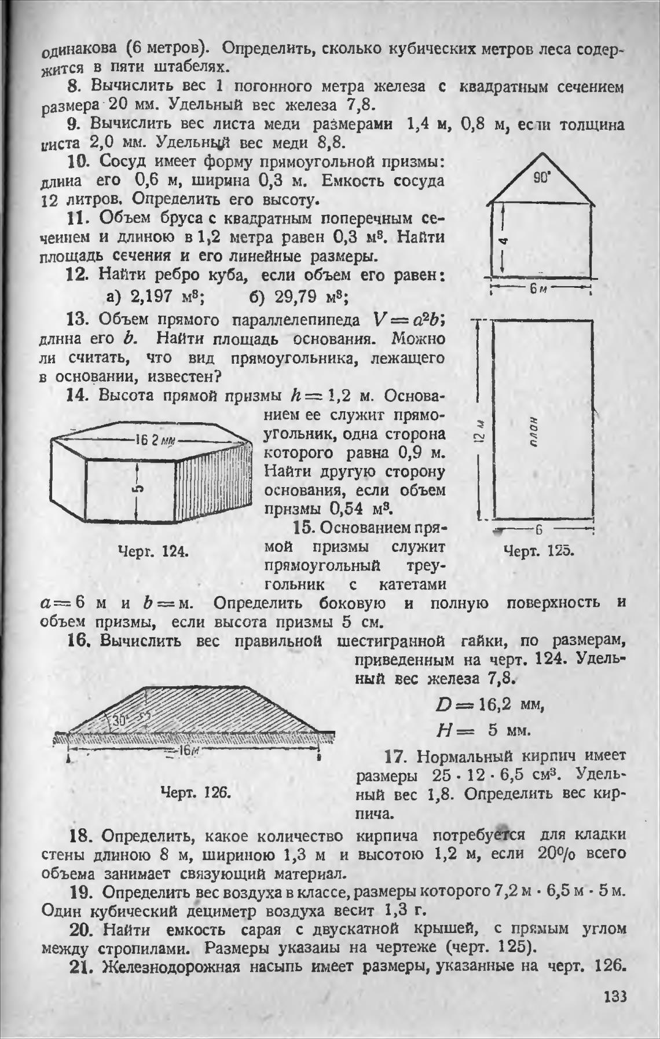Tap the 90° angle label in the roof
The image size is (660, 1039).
point(541,179)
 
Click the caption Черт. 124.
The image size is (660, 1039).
point(153,551)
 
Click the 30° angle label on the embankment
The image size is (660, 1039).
point(121,721)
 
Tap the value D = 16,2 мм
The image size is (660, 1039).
point(488,705)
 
